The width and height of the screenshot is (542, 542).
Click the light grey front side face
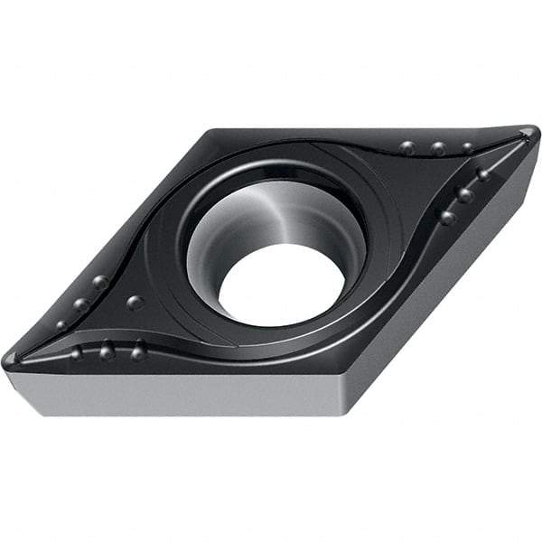(x=181, y=393)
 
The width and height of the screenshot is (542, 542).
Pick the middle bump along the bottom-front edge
(x=107, y=350)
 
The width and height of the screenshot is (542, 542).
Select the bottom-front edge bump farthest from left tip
(x=138, y=351)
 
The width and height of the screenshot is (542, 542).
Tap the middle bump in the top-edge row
(x=438, y=148)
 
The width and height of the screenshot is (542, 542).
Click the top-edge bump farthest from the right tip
(x=408, y=147)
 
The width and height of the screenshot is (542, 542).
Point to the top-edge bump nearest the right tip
(x=468, y=147)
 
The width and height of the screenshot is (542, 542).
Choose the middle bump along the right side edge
(x=465, y=194)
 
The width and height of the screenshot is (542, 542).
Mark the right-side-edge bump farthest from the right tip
(x=447, y=217)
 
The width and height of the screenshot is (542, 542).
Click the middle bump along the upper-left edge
(x=81, y=304)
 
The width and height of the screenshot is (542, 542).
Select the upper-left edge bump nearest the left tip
(x=62, y=324)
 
